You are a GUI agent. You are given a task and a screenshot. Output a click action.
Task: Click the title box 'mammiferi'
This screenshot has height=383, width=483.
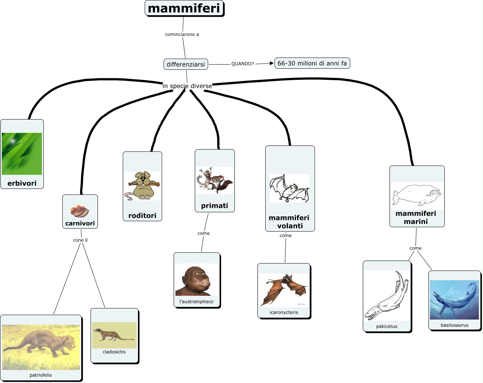(184, 8)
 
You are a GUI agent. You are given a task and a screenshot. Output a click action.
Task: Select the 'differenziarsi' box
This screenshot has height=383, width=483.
(185, 64)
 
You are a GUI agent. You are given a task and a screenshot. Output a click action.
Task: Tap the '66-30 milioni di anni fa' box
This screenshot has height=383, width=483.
(312, 63)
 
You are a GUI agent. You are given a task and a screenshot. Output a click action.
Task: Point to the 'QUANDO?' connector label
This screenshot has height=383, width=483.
(243, 64)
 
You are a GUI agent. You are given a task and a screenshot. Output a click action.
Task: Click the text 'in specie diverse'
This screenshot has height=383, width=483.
(187, 86)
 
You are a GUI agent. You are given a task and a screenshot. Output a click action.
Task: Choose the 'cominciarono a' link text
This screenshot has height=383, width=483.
(182, 35)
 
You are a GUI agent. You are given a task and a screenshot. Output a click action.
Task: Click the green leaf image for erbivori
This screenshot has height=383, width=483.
(22, 154)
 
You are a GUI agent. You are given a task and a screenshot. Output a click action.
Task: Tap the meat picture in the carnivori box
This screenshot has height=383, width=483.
(80, 211)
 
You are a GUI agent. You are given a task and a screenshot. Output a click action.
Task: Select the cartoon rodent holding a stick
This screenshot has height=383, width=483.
(142, 186)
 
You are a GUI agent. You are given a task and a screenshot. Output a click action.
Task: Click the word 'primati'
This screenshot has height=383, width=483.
(214, 206)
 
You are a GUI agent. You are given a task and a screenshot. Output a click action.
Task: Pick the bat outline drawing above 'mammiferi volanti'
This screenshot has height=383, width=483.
(289, 188)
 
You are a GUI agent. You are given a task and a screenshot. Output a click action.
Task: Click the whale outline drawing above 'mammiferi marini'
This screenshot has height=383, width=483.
(417, 194)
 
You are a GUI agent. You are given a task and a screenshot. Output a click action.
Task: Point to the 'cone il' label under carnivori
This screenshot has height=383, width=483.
(80, 240)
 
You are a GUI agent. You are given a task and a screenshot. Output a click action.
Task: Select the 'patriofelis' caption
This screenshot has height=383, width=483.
(41, 375)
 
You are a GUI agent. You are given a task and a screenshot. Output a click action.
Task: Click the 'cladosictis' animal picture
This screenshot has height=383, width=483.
(114, 335)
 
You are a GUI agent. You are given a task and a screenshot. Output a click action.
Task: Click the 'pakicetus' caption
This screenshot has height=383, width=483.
(387, 327)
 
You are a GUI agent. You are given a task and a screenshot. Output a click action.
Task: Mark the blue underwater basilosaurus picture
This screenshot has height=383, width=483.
(454, 300)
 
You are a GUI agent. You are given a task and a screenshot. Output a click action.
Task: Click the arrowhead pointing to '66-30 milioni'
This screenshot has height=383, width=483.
(272, 63)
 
